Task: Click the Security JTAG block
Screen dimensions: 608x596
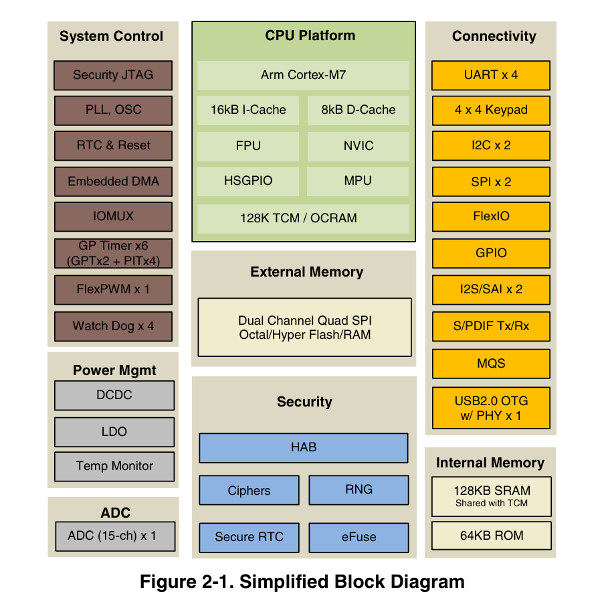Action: [113, 75]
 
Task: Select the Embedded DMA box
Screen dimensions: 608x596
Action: [113, 181]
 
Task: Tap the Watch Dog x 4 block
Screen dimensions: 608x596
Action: [113, 326]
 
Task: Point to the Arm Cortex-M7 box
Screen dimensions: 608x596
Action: [303, 75]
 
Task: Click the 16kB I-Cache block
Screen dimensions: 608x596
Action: [248, 110]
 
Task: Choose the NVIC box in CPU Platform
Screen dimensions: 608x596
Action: [359, 146]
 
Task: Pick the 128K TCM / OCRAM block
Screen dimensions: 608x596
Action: [303, 218]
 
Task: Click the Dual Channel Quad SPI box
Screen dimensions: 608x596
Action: [305, 327]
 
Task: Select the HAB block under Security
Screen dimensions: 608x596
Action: [304, 448]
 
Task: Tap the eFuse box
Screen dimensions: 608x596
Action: [359, 537]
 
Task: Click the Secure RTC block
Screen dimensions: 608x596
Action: [249, 537]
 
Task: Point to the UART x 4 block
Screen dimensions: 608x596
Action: [491, 75]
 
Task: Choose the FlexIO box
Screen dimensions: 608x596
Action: [491, 217]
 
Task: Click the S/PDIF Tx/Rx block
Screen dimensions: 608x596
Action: [491, 326]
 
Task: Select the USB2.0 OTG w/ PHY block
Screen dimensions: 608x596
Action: [491, 408]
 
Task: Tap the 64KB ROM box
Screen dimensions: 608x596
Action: [492, 536]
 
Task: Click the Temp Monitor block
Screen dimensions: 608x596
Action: [114, 466]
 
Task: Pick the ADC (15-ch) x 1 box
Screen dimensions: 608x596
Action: [115, 536]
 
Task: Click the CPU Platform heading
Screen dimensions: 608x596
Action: [310, 35]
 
